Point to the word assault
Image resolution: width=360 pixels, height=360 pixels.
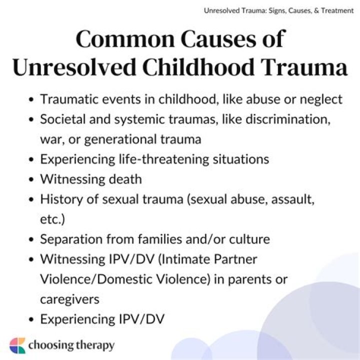(294, 199)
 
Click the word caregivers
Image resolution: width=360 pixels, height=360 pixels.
(69, 299)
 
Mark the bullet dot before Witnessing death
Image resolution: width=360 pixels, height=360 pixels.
(32, 179)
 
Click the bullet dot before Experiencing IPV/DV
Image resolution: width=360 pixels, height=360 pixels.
(32, 319)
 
